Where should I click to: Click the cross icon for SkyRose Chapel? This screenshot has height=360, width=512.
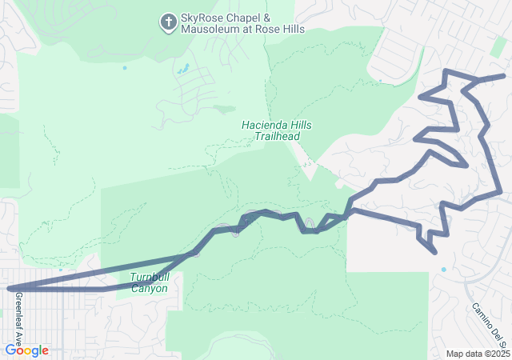tap(169, 22)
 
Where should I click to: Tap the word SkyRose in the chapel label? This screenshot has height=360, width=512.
tap(202, 18)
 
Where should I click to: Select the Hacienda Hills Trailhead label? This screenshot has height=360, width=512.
tap(277, 131)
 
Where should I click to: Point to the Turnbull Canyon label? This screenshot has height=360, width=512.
tap(150, 283)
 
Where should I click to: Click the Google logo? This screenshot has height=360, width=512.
tap(27, 350)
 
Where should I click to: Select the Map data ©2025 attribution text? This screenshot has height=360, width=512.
tap(477, 354)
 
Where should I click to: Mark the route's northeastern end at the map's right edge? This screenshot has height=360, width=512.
tap(504, 77)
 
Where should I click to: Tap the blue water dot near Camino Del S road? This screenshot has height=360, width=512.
tap(443, 270)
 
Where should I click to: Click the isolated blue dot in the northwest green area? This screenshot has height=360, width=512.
tap(125, 68)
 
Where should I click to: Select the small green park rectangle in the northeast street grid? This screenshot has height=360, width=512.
tap(498, 44)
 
